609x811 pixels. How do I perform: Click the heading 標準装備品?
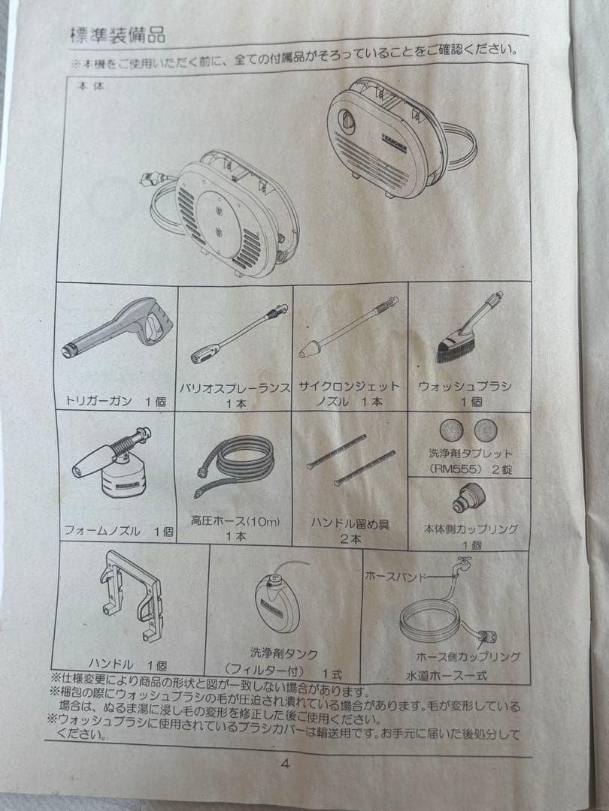[117, 35]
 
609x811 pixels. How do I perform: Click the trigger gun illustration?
[120, 327]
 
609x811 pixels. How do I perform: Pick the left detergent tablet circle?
[451, 430]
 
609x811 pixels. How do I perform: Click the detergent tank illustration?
[275, 601]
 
